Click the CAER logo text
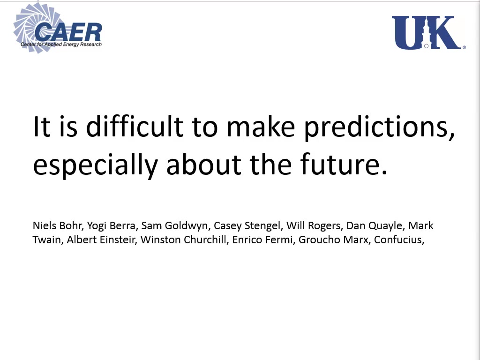[x=68, y=32]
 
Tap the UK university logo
[x=428, y=32]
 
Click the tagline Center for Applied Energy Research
[x=61, y=45]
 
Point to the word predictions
[x=379, y=128]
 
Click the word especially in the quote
[x=95, y=165]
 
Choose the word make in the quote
[x=261, y=126]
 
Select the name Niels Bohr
[x=57, y=225]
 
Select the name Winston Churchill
[x=184, y=240]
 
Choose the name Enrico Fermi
[x=262, y=240]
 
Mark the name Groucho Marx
[x=334, y=240]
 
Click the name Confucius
[x=398, y=240]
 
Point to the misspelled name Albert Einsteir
[x=101, y=240]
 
